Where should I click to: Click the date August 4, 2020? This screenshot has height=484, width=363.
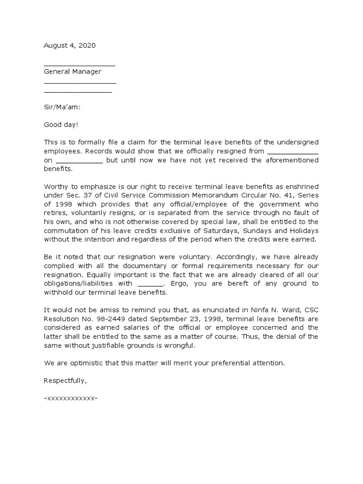pyautogui.click(x=69, y=46)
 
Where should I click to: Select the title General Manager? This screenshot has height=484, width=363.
pyautogui.click(x=72, y=72)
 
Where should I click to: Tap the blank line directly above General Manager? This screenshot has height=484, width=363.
pyautogui.click(x=79, y=65)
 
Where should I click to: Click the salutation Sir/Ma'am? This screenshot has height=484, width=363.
pyautogui.click(x=62, y=107)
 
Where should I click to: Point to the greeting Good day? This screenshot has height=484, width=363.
pyautogui.click(x=61, y=124)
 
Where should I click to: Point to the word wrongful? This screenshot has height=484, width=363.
pyautogui.click(x=178, y=346)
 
